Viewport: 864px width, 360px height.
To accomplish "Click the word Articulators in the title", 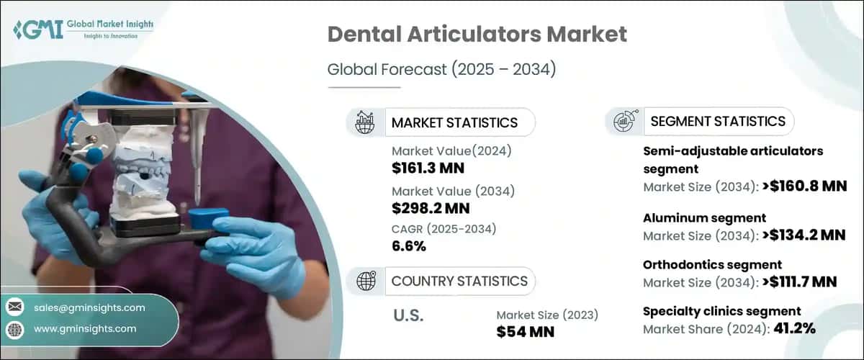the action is tap(474, 34).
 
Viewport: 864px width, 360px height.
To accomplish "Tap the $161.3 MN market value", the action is tap(428, 168).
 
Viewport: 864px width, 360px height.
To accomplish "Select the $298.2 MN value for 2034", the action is tap(431, 208).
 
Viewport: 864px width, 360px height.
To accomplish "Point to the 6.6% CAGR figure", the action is tap(408, 246).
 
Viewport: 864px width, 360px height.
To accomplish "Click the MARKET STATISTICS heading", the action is tap(454, 122).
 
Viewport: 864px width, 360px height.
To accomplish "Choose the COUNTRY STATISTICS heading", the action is tap(459, 282).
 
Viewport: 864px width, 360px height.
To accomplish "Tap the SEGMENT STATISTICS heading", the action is tap(718, 121).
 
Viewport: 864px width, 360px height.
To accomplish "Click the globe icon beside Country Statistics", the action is tap(366, 281).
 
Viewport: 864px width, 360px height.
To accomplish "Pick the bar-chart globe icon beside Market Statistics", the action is tap(365, 122).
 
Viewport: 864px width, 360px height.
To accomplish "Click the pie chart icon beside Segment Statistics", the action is tap(625, 121).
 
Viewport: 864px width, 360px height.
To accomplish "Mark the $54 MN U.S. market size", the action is tap(525, 332).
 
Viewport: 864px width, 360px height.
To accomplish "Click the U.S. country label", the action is tap(408, 315).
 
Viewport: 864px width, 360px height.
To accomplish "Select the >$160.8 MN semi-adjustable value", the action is tap(804, 186).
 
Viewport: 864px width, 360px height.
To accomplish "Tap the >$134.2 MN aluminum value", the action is tap(804, 235).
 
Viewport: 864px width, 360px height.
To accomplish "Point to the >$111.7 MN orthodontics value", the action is tap(799, 282).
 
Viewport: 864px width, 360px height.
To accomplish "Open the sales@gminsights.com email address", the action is tap(89, 308).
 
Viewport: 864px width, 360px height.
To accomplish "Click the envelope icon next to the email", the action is tap(15, 307).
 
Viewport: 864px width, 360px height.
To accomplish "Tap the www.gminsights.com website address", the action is tap(85, 329).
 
